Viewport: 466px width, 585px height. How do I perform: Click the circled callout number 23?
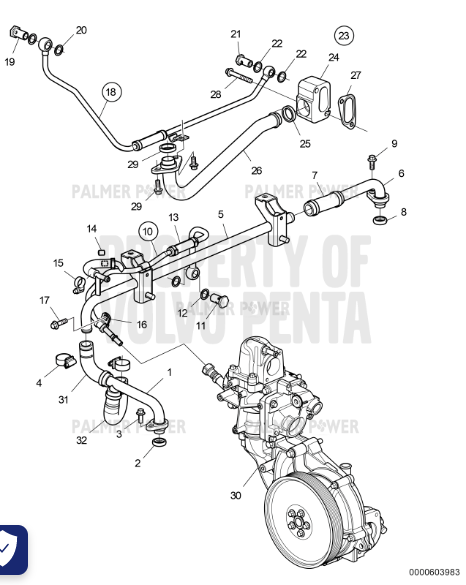pyautogui.click(x=344, y=36)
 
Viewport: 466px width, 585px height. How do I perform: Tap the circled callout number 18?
pyautogui.click(x=110, y=92)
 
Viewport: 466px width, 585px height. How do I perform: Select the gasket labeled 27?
pyautogui.click(x=349, y=111)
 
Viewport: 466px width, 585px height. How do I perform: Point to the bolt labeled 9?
pyautogui.click(x=373, y=160)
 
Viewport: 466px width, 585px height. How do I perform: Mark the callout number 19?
pyautogui.click(x=9, y=62)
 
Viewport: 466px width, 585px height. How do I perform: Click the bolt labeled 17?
pyautogui.click(x=58, y=323)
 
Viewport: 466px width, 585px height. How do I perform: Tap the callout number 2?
pyautogui.click(x=138, y=463)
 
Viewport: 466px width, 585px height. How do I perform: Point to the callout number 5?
pyautogui.click(x=221, y=214)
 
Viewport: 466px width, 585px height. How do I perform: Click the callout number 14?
pyautogui.click(x=91, y=229)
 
